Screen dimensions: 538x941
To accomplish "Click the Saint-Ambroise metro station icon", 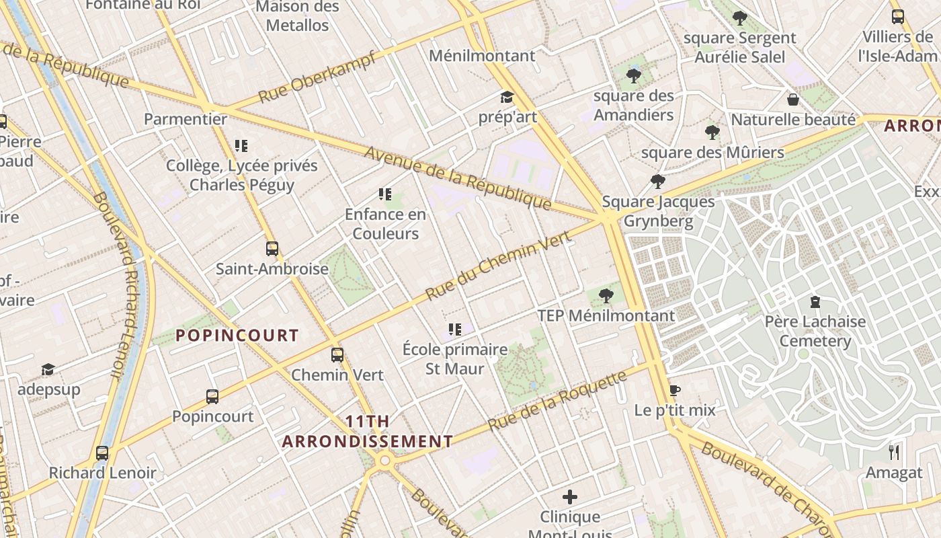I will point(272,249).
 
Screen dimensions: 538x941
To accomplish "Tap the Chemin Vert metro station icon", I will point(337,355).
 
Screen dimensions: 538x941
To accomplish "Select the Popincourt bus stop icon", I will point(212,397).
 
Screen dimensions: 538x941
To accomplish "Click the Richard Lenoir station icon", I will point(102,453).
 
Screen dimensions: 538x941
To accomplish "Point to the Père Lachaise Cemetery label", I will point(815,331).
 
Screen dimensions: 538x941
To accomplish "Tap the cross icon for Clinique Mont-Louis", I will point(570,498).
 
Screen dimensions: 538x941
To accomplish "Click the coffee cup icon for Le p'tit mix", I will point(675,390).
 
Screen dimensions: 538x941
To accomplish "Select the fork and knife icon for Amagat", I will point(894,452).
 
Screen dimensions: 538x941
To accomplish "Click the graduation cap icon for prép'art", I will point(507,98).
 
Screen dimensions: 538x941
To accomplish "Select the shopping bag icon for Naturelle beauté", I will point(793,100).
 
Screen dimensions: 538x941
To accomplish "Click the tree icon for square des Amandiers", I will point(633,76).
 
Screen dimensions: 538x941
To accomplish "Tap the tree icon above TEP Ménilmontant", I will point(606,295).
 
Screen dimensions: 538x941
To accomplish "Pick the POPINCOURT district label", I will point(237,335).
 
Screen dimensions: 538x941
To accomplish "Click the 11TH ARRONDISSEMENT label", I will point(367,432).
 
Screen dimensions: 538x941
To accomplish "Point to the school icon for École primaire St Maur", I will point(455,330).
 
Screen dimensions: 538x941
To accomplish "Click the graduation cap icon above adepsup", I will point(48,369).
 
